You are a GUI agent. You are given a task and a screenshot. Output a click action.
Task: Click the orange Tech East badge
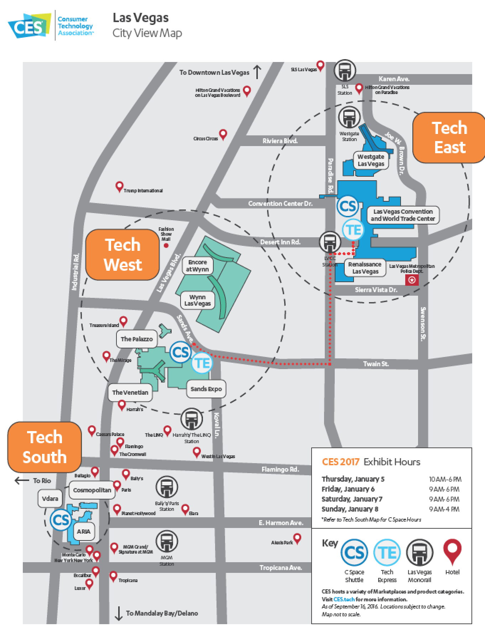tap(449, 138)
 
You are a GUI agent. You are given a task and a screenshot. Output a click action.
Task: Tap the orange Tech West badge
tap(122, 254)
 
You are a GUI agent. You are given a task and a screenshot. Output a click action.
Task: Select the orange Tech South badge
tap(45, 447)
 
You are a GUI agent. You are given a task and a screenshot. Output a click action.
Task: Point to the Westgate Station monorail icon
tap(349, 117)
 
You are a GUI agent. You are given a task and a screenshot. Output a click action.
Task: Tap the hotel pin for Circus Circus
tap(223, 134)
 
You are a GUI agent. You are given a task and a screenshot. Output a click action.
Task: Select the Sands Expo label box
tap(206, 389)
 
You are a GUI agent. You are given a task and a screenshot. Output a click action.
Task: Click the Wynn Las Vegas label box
tap(198, 300)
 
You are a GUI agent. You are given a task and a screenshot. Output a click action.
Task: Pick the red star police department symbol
tap(412, 280)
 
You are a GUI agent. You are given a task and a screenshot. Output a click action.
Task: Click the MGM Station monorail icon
tap(166, 542)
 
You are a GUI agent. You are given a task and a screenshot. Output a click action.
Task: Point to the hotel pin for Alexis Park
tap(297, 538)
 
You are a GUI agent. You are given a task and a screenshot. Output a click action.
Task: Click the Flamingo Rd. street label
tap(280, 469)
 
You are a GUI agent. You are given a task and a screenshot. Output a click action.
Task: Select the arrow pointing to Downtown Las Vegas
tap(257, 72)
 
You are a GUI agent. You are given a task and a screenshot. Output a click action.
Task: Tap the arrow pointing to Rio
tap(22, 481)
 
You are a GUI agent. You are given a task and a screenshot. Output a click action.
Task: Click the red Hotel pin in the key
tap(452, 551)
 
